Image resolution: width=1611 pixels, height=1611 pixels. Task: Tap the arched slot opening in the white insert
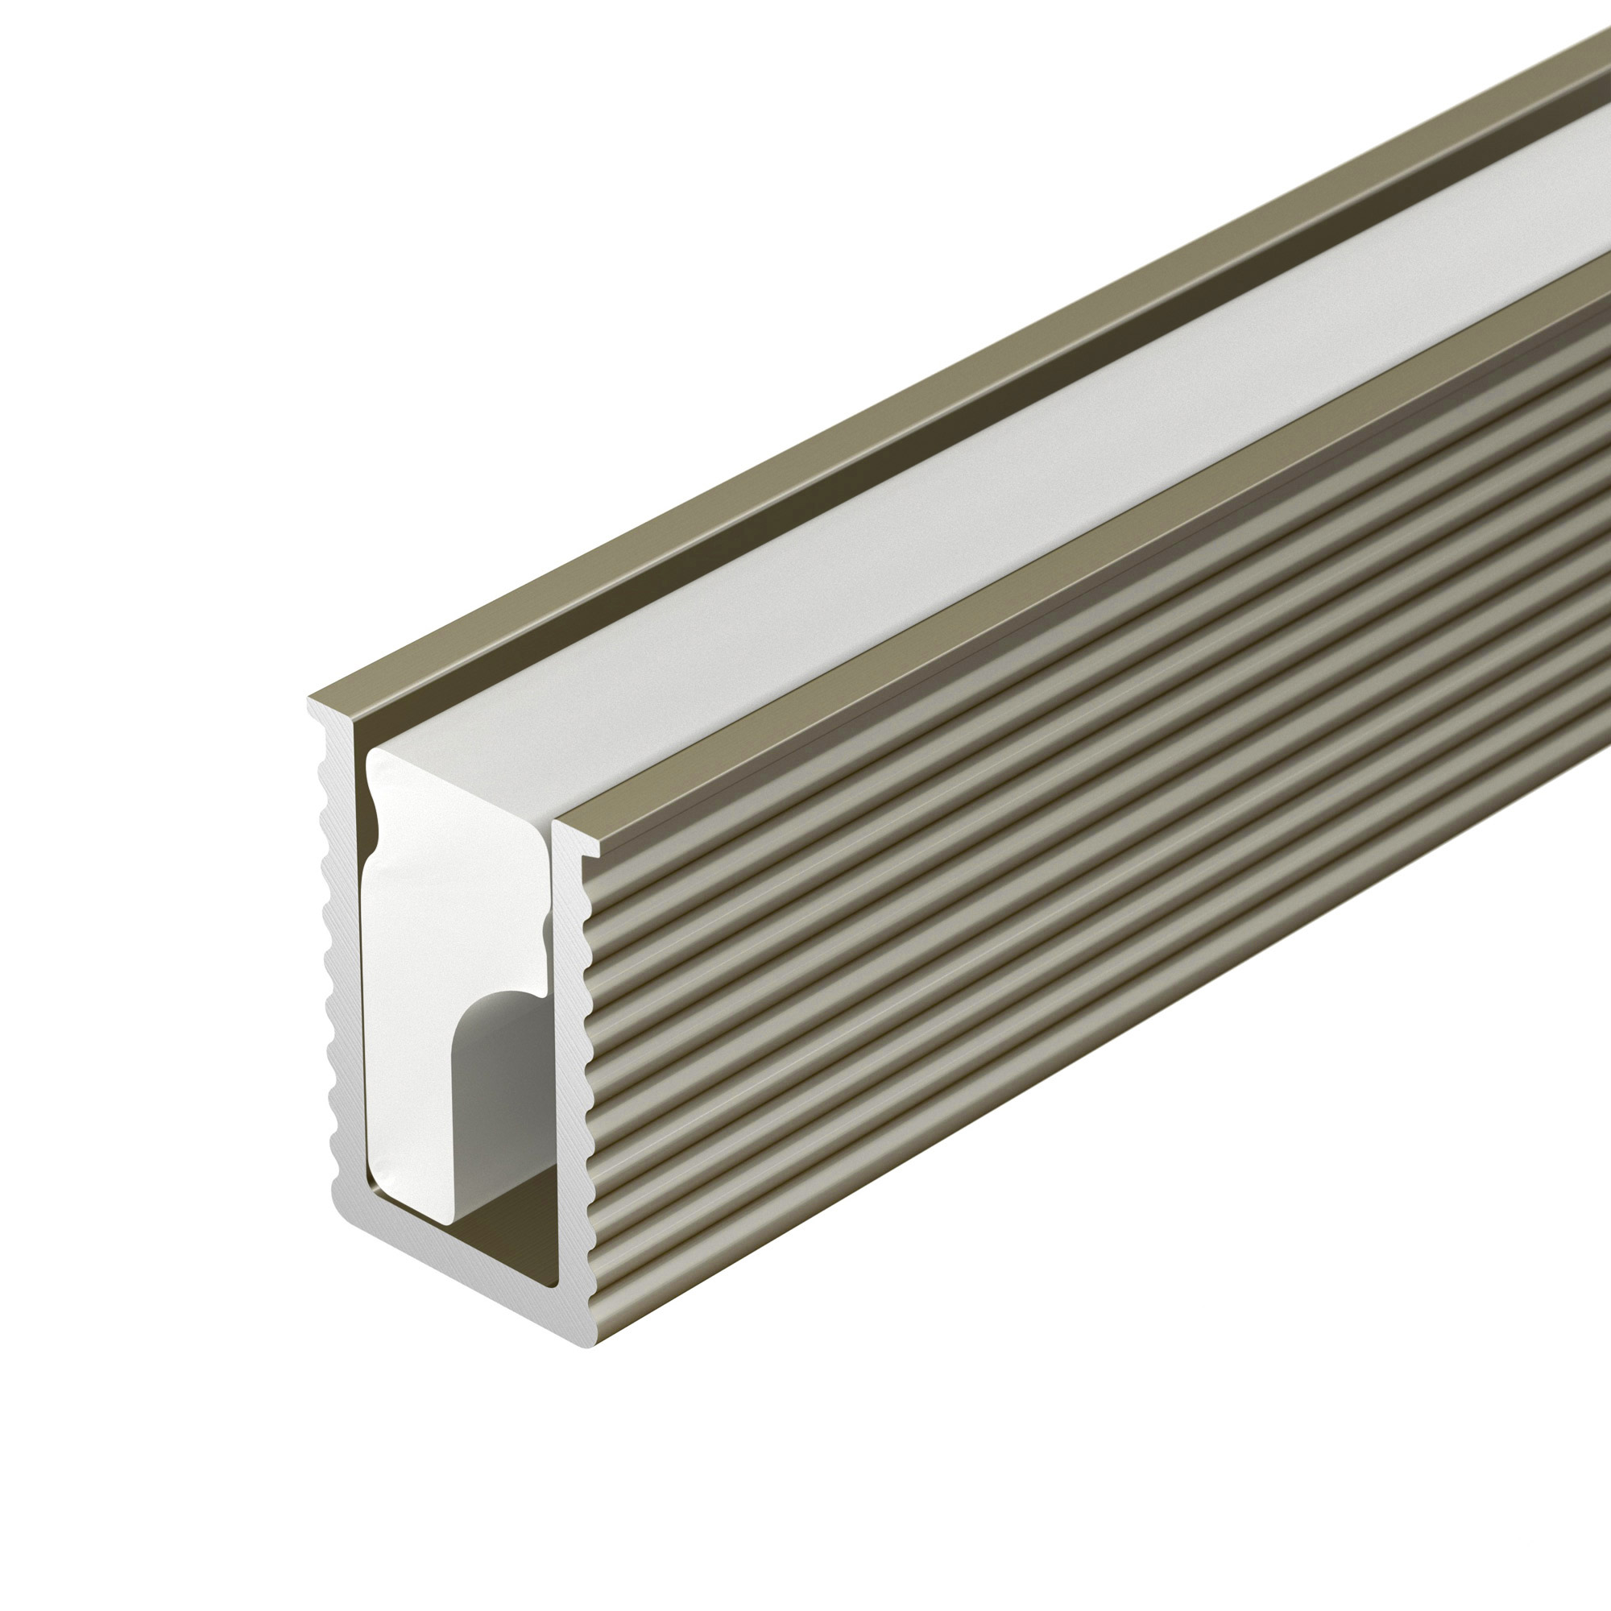coord(500,1084)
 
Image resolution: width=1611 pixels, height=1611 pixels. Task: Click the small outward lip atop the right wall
coord(588,849)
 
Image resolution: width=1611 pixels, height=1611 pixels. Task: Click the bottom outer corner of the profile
coord(587,1347)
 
